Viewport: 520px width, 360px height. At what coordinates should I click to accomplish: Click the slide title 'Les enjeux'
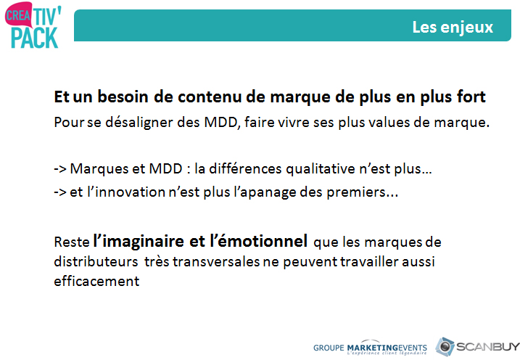point(453,27)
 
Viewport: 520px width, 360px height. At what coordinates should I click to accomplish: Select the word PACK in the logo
point(35,38)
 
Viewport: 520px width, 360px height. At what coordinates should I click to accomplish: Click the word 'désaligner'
point(139,123)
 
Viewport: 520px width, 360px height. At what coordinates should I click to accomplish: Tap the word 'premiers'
point(357,193)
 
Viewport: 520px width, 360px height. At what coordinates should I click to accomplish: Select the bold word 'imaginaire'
point(143,241)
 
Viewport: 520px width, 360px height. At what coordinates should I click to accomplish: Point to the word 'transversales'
point(216,262)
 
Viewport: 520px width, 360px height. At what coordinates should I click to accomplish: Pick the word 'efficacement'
point(96,281)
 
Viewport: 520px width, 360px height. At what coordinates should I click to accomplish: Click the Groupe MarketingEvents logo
point(370,348)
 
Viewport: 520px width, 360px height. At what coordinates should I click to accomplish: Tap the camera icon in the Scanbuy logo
point(445,347)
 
